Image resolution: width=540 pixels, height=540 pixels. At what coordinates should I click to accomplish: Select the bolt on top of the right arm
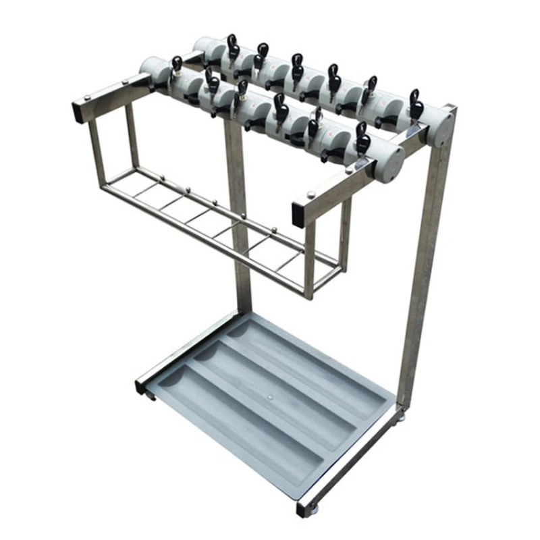click(311, 195)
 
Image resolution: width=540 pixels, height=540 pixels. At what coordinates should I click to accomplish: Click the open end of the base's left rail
click(141, 389)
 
